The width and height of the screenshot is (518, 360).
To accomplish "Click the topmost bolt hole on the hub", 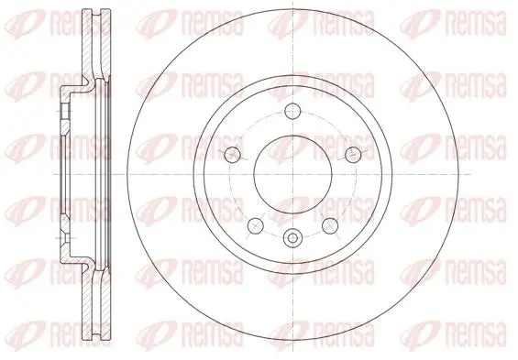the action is click(x=292, y=111).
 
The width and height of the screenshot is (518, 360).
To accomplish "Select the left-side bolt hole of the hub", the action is click(x=233, y=154).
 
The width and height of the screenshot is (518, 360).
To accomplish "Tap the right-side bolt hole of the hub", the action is click(x=353, y=154).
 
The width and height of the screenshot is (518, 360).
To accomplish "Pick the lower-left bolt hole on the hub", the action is click(x=256, y=225).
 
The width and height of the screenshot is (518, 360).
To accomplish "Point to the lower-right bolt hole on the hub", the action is click(x=330, y=225).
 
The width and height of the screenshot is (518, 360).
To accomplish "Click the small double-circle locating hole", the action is click(x=292, y=237).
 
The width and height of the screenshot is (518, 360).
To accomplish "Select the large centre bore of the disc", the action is click(x=292, y=174).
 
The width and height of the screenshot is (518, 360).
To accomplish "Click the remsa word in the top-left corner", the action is click(x=81, y=23).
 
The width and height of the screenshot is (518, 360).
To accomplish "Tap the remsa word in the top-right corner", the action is click(x=476, y=23).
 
